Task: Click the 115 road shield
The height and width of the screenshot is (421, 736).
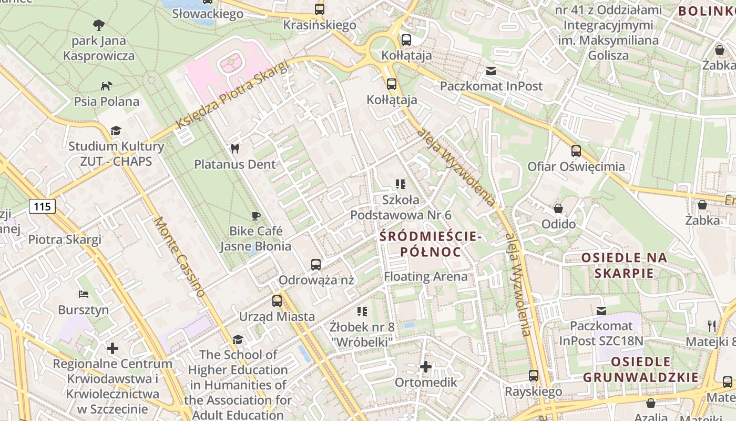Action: point(42,206)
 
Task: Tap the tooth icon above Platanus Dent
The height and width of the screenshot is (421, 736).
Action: point(235,149)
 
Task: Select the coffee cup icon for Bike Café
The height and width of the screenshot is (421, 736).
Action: point(255,216)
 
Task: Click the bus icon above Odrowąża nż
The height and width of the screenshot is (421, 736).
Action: point(315,264)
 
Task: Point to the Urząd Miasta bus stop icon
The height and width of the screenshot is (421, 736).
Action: point(277,301)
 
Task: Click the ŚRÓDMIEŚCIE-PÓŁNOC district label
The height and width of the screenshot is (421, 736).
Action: point(431,244)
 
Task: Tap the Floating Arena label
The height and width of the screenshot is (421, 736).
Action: point(425,276)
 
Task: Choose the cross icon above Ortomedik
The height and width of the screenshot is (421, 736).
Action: point(426,366)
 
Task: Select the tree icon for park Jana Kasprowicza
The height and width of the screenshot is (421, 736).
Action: point(98,25)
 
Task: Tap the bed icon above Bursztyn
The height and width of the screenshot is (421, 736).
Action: point(83,294)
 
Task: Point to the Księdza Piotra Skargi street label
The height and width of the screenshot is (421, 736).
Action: point(232,95)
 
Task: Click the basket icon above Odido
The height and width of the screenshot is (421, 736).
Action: point(558,208)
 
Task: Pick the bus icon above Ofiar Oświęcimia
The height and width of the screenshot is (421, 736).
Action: point(576,151)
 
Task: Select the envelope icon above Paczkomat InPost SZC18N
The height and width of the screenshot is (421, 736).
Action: point(601,310)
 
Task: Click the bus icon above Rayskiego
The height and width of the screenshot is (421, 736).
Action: point(534,376)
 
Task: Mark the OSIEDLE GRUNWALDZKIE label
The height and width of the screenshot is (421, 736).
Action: point(641,369)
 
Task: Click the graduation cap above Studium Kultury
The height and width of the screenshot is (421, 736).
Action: point(115,131)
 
